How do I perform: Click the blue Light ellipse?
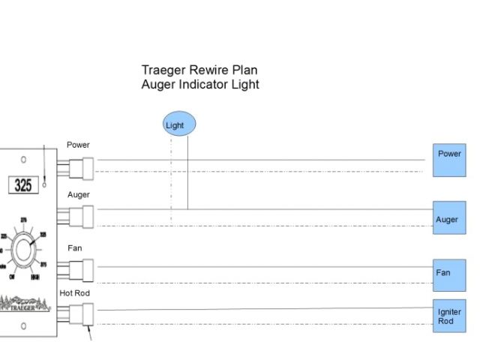179,124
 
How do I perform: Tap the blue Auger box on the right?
449,217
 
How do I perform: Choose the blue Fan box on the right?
449,274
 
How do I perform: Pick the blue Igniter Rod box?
449,316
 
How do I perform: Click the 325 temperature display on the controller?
24,184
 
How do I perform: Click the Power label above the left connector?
78,145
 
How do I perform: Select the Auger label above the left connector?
79,195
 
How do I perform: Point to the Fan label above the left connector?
75,248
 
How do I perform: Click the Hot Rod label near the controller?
75,292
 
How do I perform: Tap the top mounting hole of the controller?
24,160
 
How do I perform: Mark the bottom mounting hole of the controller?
24,325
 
